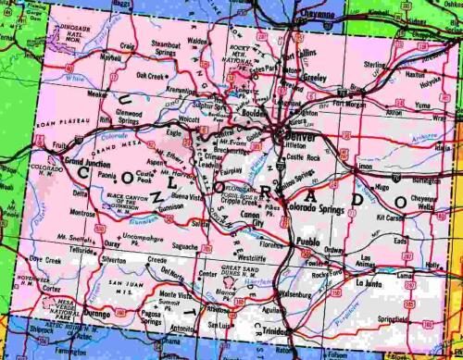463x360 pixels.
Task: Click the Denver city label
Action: coord(299,137)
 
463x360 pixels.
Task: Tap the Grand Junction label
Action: coord(87,161)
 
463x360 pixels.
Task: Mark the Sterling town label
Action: coord(376,66)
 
